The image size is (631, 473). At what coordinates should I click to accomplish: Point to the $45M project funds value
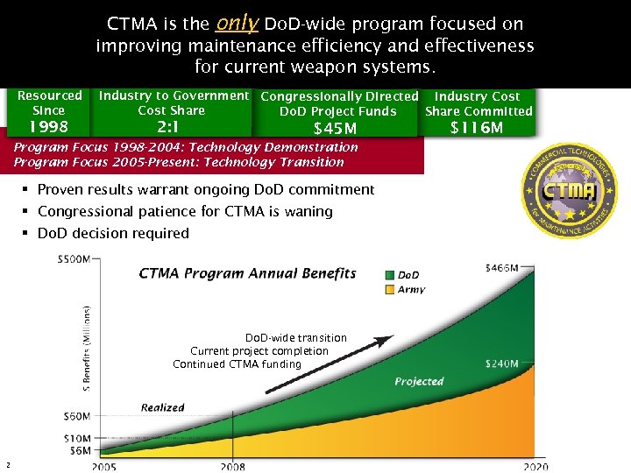[x=337, y=129]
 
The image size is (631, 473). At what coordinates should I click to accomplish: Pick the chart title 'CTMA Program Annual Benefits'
[x=247, y=273]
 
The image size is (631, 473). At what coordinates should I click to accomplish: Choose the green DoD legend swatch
[x=390, y=275]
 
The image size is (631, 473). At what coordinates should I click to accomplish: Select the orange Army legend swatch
[x=390, y=289]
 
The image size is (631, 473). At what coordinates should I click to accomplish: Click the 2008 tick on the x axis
[x=233, y=466]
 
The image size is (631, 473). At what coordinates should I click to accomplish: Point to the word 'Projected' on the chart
[x=418, y=381]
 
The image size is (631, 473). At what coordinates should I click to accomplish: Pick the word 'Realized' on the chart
[x=162, y=407]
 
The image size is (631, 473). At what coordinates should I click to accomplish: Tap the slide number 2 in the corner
[x=7, y=464]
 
